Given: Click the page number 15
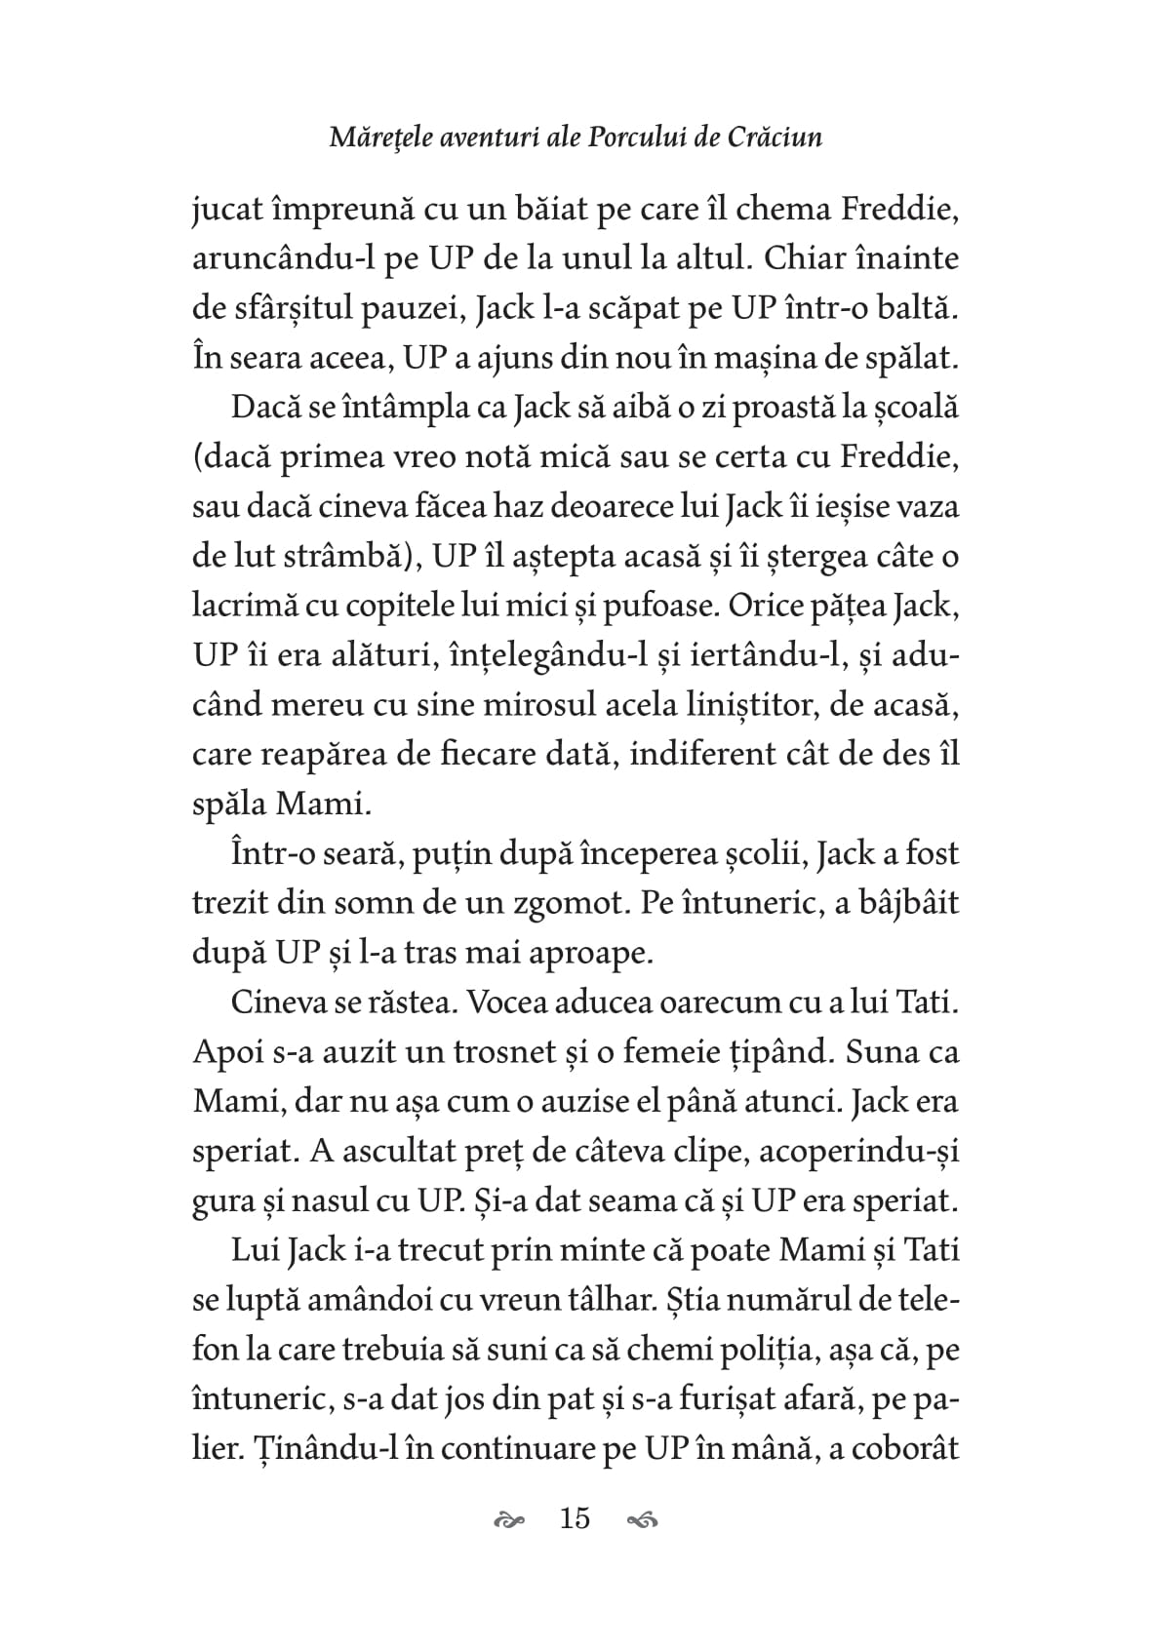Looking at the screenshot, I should (x=575, y=1518).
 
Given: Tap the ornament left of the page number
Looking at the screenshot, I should (x=510, y=1519).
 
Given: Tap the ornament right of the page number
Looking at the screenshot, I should (x=641, y=1519).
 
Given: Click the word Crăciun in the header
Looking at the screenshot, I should (x=775, y=137).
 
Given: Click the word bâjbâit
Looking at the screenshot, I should (x=896, y=903).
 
